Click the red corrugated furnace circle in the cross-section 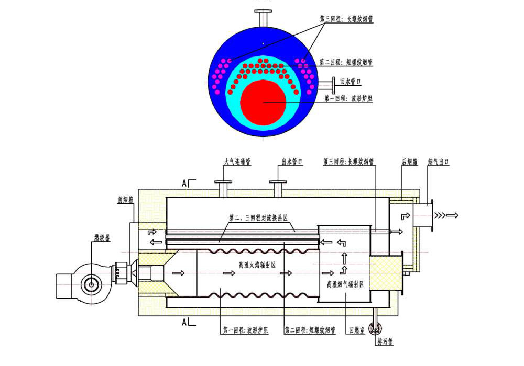click(x=263, y=103)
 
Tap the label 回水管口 click(x=351, y=82)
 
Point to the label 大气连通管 click(x=237, y=162)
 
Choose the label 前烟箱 click(x=127, y=199)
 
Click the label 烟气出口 click(x=439, y=162)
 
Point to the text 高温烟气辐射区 click(x=345, y=284)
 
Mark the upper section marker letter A click(x=184, y=183)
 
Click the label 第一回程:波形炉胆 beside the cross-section click(x=348, y=98)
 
